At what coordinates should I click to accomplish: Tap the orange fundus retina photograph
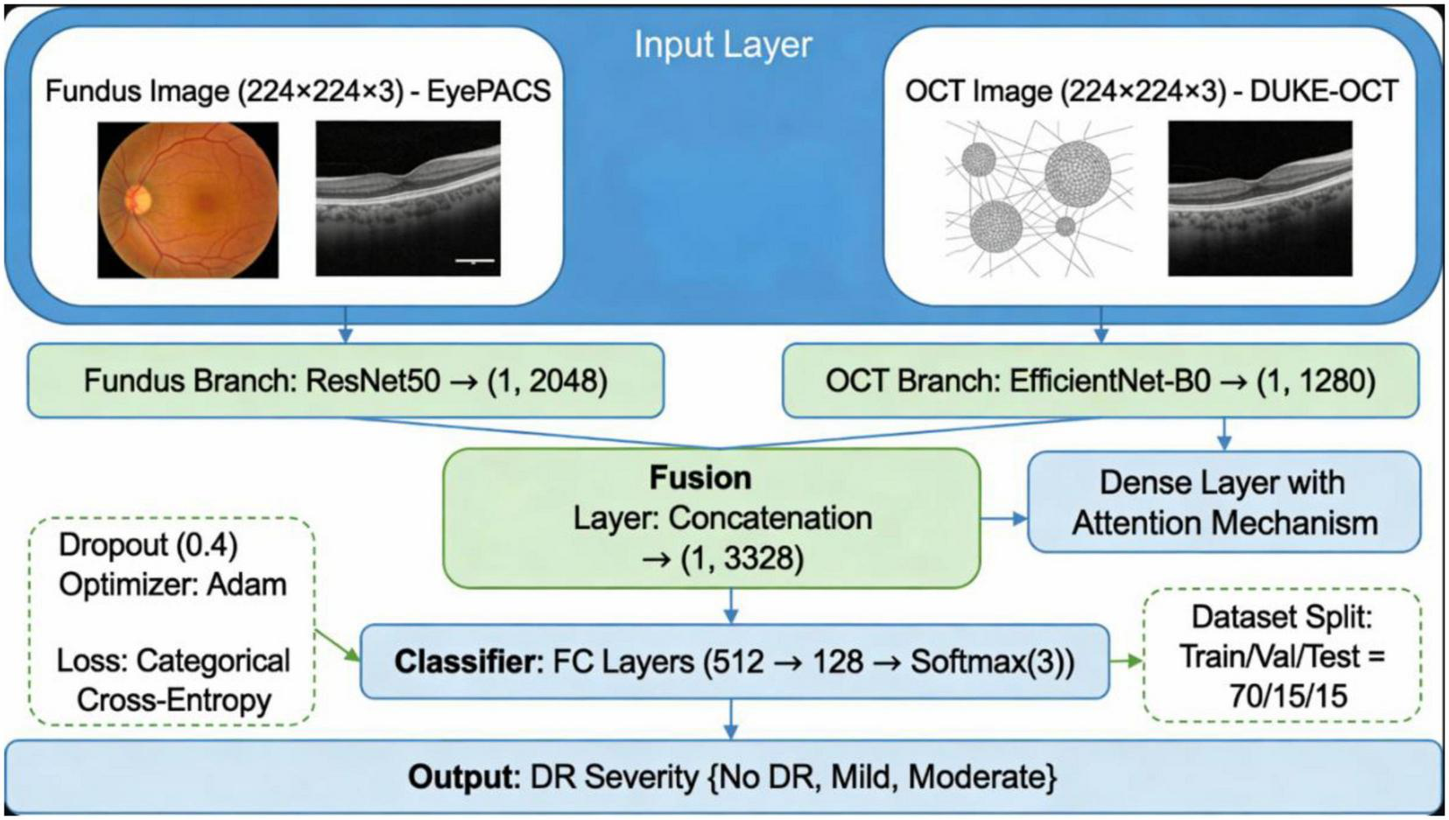coord(188,200)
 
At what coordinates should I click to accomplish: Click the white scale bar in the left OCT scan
coord(475,261)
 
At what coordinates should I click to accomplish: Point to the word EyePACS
coord(489,91)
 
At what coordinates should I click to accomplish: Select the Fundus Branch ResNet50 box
coord(346,382)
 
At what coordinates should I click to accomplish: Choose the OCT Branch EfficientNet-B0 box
coord(1100,382)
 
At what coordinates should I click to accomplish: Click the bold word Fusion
coord(700,478)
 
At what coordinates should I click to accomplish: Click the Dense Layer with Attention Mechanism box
coord(1224,502)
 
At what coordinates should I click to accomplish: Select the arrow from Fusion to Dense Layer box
coord(1003,519)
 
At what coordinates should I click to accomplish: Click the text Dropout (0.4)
coord(148,545)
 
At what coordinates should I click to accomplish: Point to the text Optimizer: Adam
coord(172,585)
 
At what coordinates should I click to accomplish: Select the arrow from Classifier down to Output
coord(730,719)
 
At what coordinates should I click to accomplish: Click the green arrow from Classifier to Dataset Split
coord(1126,661)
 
